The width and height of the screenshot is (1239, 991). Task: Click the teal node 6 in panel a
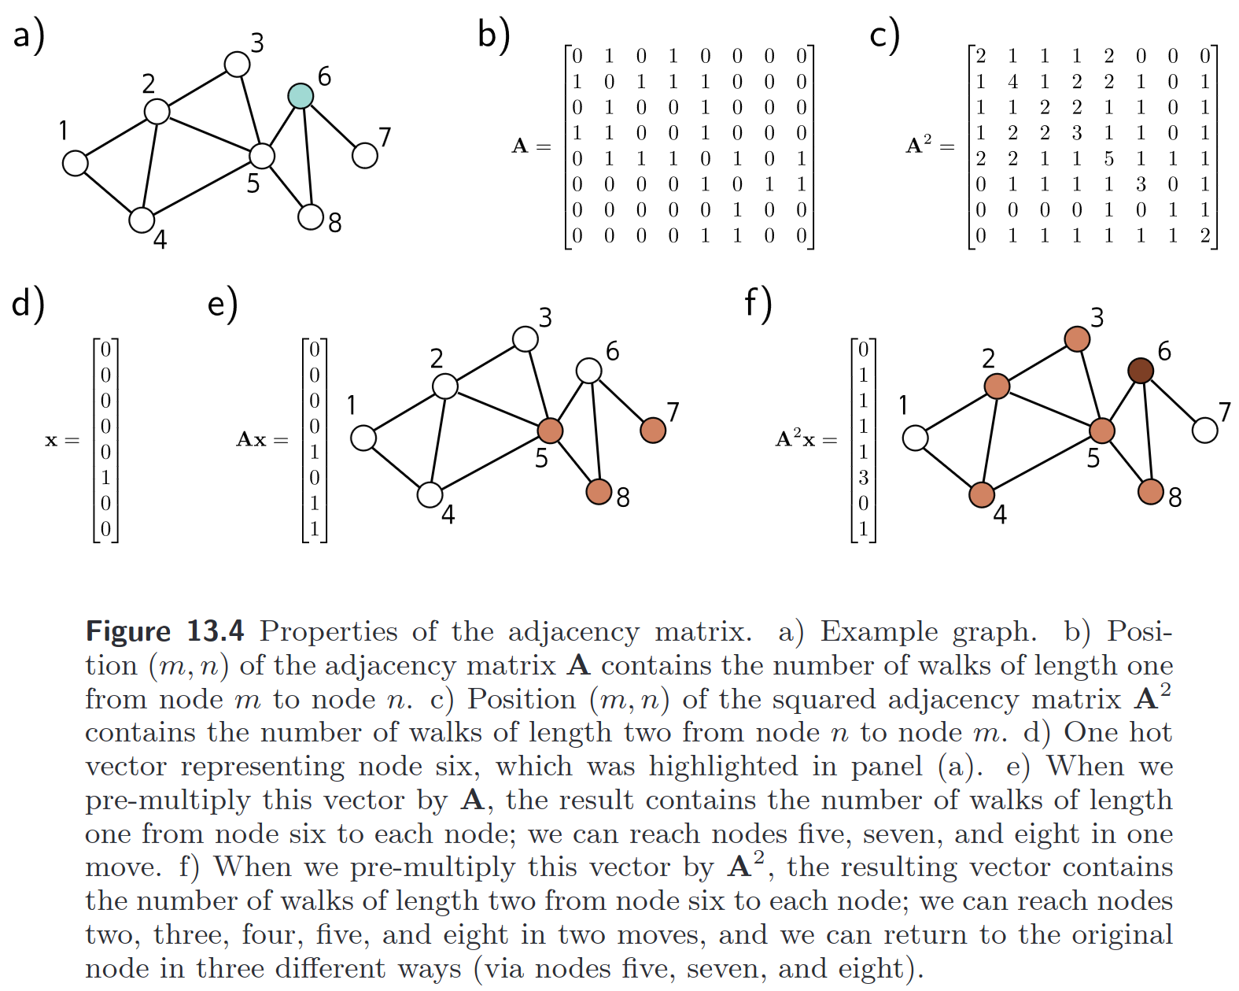(x=301, y=96)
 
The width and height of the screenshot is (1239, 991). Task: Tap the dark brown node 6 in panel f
(x=1141, y=370)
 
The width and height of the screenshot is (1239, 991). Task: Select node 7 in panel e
(x=653, y=430)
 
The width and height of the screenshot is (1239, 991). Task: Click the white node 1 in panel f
(x=915, y=438)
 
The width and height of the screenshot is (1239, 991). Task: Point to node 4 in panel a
(x=142, y=220)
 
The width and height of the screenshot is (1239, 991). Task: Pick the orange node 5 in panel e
(x=550, y=431)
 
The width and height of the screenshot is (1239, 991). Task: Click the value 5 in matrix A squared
(x=1108, y=159)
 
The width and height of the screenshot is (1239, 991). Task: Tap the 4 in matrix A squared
(x=1012, y=82)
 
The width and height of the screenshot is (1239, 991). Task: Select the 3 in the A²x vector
(x=863, y=478)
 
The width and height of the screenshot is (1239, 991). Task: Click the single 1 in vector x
(x=106, y=478)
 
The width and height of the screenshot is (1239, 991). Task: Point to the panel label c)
(x=884, y=36)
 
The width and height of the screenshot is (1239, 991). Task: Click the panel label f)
(x=758, y=304)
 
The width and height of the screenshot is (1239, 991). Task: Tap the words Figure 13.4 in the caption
(x=164, y=631)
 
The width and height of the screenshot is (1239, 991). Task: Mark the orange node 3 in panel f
(x=1077, y=338)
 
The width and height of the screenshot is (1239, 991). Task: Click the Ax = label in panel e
(x=262, y=439)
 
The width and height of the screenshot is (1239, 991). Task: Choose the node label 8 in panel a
(x=335, y=224)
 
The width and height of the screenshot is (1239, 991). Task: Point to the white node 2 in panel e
(x=445, y=386)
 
